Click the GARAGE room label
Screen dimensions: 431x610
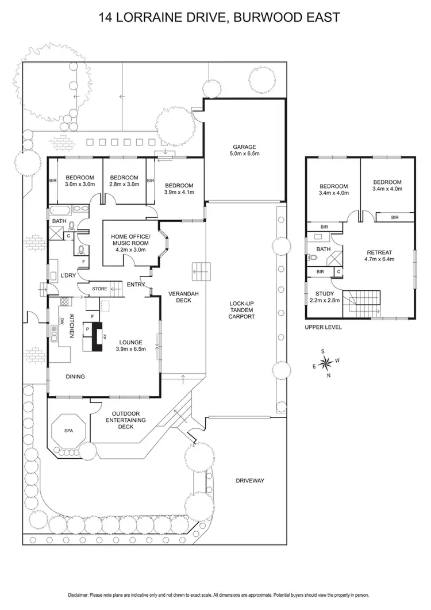pos(244,150)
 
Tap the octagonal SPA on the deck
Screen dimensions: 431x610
pos(68,431)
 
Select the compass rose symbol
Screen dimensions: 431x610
pos(325,363)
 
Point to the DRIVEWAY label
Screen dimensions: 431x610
pos(250,481)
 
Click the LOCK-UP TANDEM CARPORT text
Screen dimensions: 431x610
pos(241,310)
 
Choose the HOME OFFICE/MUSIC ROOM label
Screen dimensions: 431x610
pos(130,243)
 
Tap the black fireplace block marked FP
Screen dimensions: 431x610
pos(97,337)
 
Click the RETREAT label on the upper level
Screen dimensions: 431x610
pos(379,256)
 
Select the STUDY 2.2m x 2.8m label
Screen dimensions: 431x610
pos(325,297)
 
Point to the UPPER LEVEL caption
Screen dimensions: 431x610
pos(323,327)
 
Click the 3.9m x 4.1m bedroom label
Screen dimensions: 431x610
pos(179,189)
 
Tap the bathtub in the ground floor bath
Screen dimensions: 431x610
pos(60,211)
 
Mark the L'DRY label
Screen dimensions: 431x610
pos(68,275)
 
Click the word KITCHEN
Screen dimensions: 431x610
pos(72,325)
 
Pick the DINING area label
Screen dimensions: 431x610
pos(75,377)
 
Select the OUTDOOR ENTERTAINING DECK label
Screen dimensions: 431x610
pos(126,420)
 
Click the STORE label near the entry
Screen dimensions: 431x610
pos(99,289)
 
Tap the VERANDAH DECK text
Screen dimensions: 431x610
pos(183,297)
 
